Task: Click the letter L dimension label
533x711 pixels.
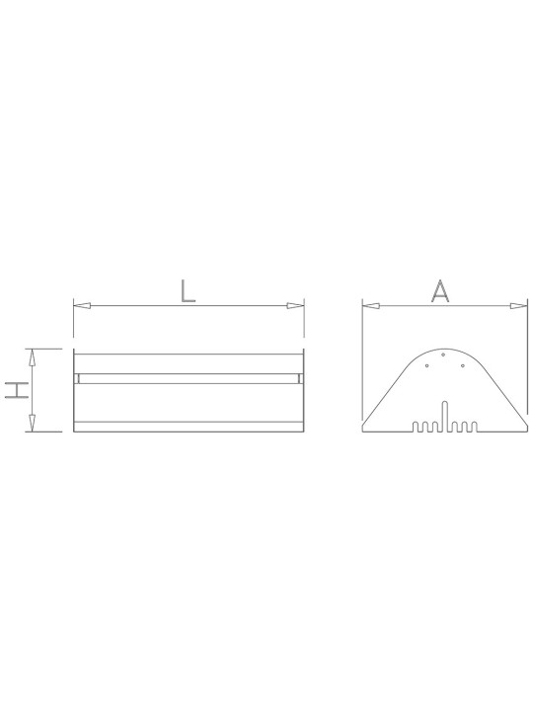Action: pos(189,290)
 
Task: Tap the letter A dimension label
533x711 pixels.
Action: pos(439,290)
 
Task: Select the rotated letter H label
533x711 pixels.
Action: pos(17,390)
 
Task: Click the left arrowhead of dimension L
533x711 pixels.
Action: pos(82,305)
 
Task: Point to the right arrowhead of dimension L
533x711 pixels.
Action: pos(295,305)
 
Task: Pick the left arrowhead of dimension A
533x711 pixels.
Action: pos(371,306)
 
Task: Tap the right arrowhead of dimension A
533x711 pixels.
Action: pos(519,306)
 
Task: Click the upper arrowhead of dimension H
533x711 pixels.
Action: pos(32,357)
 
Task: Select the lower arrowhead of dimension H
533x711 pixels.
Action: pos(32,423)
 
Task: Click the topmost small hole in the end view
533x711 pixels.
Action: pos(443,355)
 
